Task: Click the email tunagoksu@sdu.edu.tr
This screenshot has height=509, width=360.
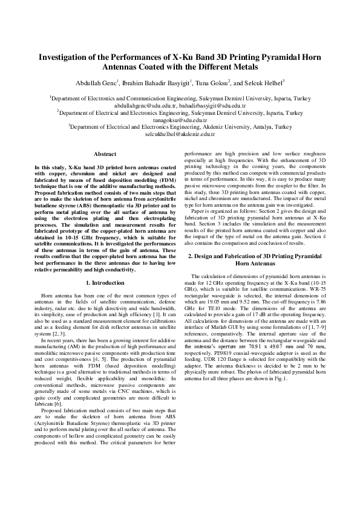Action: coord(180,120)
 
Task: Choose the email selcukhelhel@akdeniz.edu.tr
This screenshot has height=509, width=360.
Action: coord(180,134)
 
